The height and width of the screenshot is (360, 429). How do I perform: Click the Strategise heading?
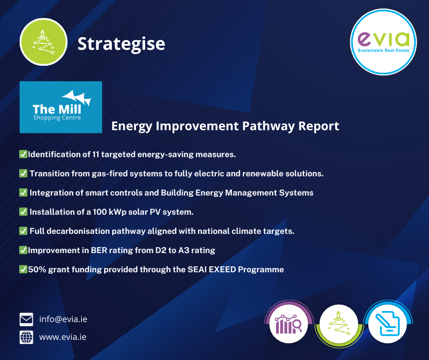(121, 44)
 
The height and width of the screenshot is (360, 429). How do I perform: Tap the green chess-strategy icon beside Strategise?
(43, 42)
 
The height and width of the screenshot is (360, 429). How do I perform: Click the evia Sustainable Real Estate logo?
(383, 42)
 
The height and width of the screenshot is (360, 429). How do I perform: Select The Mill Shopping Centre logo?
(61, 107)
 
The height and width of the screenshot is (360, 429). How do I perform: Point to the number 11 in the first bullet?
(95, 154)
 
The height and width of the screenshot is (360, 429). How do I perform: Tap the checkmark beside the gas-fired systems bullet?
(23, 174)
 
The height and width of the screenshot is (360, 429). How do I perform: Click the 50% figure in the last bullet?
(37, 270)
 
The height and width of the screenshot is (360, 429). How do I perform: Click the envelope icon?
(26, 319)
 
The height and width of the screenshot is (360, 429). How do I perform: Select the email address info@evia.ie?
(63, 319)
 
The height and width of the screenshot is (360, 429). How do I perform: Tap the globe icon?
(26, 337)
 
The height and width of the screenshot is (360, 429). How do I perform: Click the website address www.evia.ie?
(63, 337)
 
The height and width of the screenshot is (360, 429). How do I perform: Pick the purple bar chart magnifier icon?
(288, 324)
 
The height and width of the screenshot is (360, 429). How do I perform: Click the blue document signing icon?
(387, 323)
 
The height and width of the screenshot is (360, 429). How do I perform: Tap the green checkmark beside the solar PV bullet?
(23, 212)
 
